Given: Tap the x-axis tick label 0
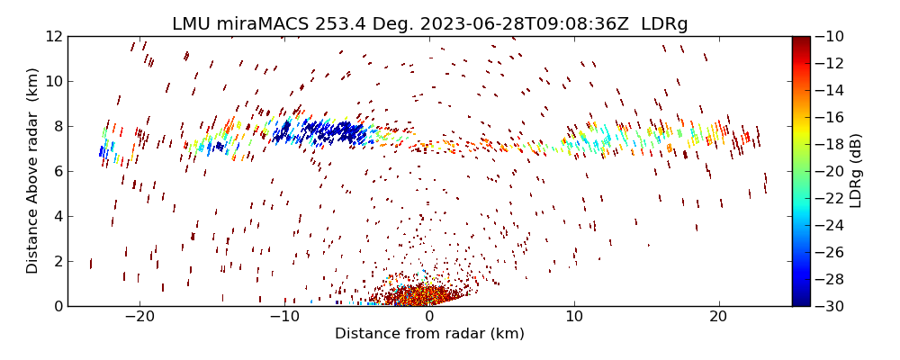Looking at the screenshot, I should (429, 318).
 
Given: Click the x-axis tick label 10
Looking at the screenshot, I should (573, 318).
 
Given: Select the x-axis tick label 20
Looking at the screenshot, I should (718, 318).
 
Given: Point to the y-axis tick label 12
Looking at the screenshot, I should (53, 36).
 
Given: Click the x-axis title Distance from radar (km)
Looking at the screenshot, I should (429, 334).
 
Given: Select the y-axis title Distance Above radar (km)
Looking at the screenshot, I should (32, 171).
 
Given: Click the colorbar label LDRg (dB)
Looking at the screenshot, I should (856, 171).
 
